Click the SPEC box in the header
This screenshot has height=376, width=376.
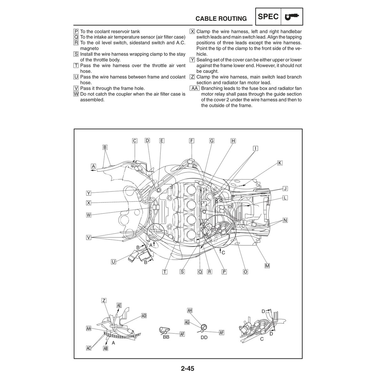(268, 17)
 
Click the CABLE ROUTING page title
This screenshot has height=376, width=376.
(221, 18)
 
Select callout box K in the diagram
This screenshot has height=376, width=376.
(280, 163)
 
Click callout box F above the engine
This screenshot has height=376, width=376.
(191, 141)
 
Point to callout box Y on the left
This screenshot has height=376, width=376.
(89, 193)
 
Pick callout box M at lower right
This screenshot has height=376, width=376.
(267, 266)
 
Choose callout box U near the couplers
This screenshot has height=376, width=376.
(113, 262)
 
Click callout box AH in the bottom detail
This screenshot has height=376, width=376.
(190, 310)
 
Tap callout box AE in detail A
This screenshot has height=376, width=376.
(119, 305)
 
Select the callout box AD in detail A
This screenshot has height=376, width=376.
(144, 316)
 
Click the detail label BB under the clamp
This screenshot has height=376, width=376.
(166, 337)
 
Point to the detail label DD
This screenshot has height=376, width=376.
(204, 337)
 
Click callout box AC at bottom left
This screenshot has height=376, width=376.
(89, 348)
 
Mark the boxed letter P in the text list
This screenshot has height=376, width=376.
(76, 31)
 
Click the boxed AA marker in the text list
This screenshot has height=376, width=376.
(194, 88)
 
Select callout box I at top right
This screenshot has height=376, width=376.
(255, 149)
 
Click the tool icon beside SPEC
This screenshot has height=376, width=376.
(292, 17)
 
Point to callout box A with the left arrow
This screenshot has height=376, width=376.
(93, 166)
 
